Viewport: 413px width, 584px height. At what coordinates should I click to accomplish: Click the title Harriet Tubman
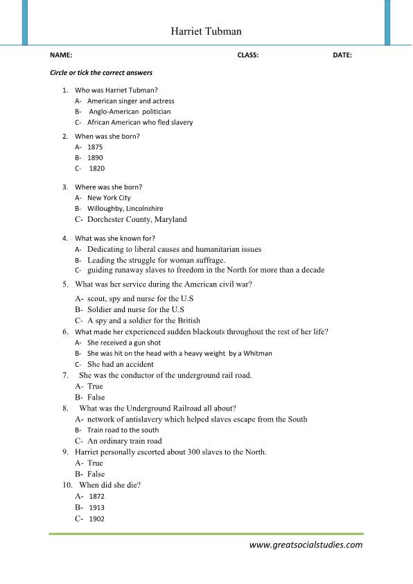coord(206,32)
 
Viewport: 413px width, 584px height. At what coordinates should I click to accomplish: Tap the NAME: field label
coord(61,55)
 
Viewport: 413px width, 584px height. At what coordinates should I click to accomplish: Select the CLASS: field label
coord(247,55)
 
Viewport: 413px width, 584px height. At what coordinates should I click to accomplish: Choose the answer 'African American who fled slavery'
coord(140,122)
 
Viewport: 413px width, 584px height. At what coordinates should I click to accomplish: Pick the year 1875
coord(96,147)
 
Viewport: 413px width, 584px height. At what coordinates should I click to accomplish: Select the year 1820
coord(96,169)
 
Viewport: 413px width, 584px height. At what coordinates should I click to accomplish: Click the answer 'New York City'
coord(109,198)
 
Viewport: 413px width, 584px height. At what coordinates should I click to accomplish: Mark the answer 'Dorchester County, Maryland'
coord(137,219)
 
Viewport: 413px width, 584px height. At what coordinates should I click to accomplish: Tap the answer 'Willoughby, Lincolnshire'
coord(125,208)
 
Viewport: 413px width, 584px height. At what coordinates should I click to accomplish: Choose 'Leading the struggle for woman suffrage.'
coord(156,260)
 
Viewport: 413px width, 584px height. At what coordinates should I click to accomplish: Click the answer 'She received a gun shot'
coord(124,343)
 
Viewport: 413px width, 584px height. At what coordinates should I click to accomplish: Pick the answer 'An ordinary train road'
coord(124,440)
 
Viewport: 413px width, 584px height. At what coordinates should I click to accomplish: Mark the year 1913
coord(96,508)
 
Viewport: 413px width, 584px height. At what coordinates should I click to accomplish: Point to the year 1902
coord(96,519)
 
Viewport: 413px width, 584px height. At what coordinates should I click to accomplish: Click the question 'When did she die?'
coord(110,485)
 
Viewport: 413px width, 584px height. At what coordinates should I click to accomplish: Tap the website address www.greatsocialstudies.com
coord(306,544)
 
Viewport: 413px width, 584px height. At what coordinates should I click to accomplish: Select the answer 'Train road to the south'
coord(123,430)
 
